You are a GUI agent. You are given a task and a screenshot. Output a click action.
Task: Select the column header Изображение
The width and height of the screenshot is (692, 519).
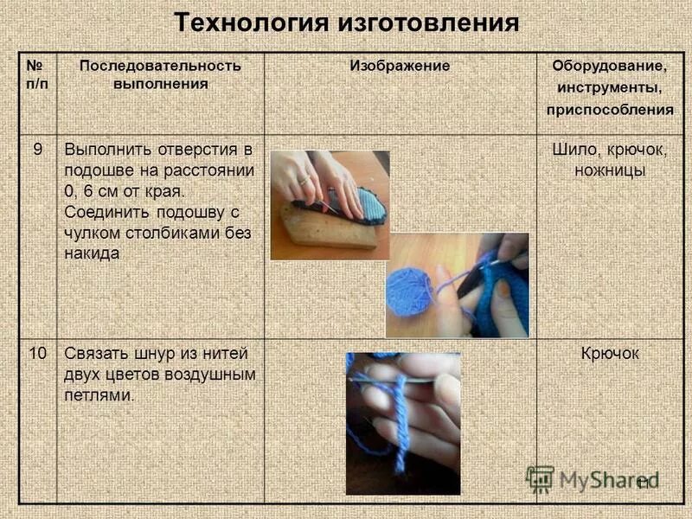point(400,67)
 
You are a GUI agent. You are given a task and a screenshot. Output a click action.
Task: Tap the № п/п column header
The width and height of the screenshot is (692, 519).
point(37,74)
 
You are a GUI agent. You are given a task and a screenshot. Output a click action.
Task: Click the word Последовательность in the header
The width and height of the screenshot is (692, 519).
point(160,67)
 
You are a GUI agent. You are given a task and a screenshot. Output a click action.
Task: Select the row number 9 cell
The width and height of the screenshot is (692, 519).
point(37,148)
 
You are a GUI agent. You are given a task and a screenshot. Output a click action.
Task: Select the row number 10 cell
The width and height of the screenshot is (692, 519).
point(37,353)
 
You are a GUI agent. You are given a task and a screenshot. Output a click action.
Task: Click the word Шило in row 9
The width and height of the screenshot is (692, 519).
point(572,149)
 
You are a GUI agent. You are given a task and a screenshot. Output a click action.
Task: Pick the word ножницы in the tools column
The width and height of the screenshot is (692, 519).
point(609,170)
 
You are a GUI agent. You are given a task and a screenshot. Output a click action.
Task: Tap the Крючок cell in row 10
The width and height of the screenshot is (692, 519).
point(609,354)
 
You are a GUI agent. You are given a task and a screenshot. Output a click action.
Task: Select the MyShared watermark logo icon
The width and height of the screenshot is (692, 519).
point(541,478)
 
